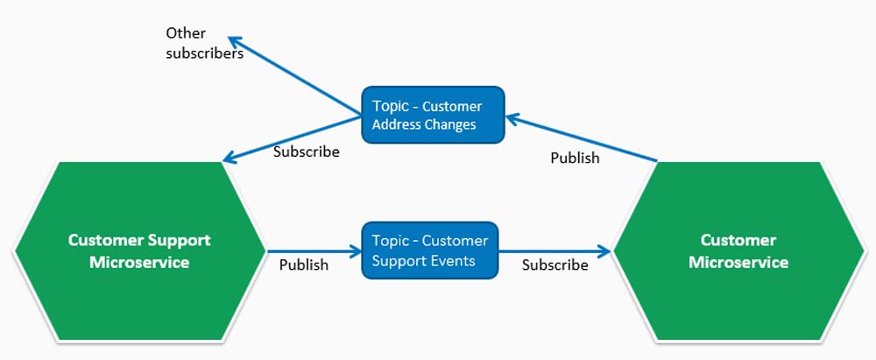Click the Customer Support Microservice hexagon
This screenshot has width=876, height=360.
pos(139,251)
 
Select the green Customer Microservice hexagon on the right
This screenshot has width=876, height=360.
pos(738,251)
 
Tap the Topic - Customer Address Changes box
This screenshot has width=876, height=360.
pos(433,115)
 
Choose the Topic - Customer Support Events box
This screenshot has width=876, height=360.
pos(429,251)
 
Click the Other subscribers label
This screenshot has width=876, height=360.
pos(204,43)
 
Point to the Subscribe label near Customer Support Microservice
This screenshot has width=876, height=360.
pos(306,152)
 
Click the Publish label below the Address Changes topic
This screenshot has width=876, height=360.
pos(575,159)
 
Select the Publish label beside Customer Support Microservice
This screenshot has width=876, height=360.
pos(304,265)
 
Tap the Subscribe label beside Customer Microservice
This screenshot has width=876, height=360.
pos(555,265)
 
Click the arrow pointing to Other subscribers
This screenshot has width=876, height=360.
pos(294,77)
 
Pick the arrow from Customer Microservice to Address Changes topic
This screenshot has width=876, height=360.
pos(582,138)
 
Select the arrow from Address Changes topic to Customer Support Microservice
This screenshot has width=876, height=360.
pos(293,139)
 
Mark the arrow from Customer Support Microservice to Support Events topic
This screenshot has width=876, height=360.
pos(314,251)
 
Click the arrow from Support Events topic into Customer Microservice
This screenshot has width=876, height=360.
pos(555,251)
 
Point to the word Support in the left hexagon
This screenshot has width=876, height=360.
pos(179,240)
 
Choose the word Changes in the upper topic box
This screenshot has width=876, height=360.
pos(450,124)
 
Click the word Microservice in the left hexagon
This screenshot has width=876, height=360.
pos(139,262)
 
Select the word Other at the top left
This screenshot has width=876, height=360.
pos(186,33)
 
